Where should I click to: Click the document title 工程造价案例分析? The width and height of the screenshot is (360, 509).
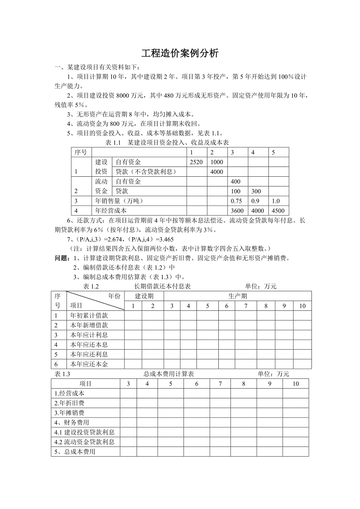(x=180, y=53)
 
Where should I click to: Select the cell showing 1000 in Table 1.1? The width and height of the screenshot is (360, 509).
(x=217, y=162)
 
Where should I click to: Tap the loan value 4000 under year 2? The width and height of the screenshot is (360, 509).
(x=217, y=172)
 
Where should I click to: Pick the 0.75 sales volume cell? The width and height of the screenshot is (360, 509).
(x=236, y=201)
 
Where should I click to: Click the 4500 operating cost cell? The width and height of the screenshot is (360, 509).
(x=278, y=211)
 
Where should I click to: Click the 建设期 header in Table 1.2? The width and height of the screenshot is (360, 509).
(x=144, y=296)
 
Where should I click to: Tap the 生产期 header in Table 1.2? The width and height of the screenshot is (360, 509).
(x=238, y=296)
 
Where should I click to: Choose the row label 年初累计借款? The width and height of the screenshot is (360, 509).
(x=89, y=315)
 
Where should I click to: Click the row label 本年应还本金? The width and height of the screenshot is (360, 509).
(x=89, y=364)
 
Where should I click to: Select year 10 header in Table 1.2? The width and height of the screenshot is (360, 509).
(x=302, y=306)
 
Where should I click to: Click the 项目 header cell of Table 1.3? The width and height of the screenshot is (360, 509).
(x=85, y=384)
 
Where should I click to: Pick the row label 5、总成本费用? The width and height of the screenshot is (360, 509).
(x=75, y=452)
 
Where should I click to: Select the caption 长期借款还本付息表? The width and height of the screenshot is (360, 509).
(x=162, y=287)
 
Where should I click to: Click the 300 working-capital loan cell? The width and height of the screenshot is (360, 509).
(x=256, y=191)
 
